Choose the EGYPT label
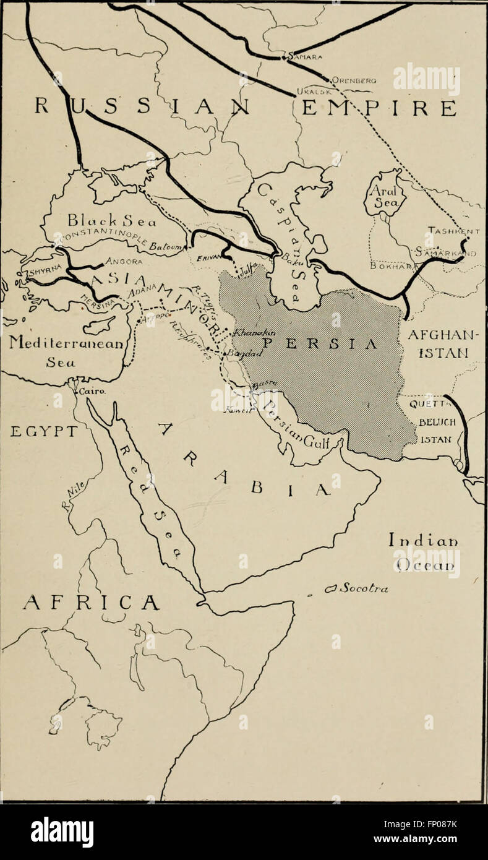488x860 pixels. pyautogui.click(x=43, y=431)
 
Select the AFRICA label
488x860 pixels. pyautogui.click(x=91, y=602)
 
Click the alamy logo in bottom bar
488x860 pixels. pyautogui.click(x=62, y=832)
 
